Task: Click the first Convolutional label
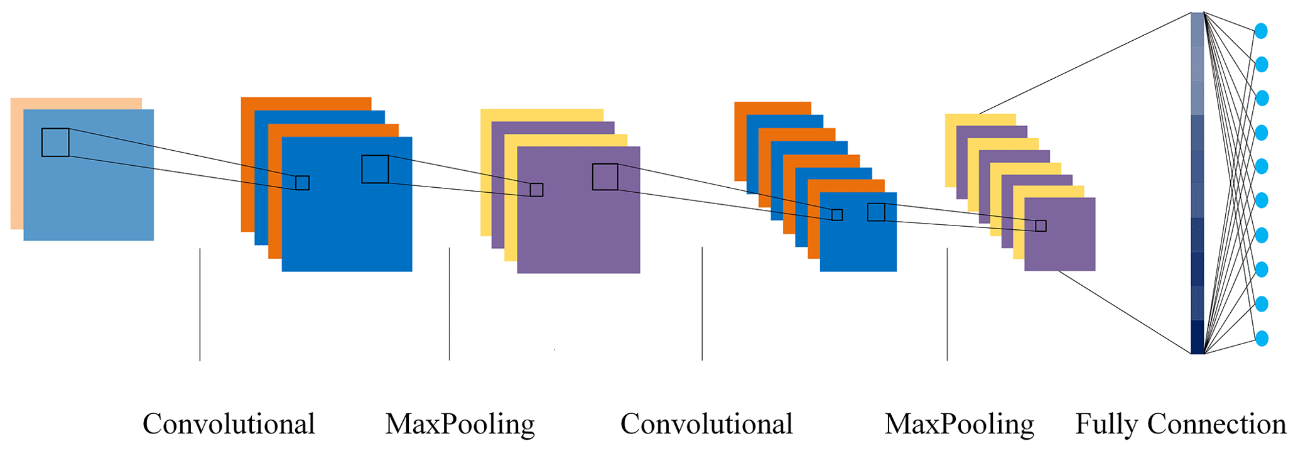[x=229, y=424]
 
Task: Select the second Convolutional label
[x=706, y=424]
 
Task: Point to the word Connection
[x=1216, y=424]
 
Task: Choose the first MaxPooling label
[x=460, y=424]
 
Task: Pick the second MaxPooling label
[x=960, y=424]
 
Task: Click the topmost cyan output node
[x=1260, y=31]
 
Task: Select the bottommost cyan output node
[x=1261, y=339]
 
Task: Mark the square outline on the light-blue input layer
[x=55, y=143]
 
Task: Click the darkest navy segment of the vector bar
[x=1198, y=337]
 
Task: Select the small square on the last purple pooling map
[x=1041, y=226]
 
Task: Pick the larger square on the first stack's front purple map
[x=605, y=177]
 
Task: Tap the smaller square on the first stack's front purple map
[x=536, y=190]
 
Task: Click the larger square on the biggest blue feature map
[x=375, y=169]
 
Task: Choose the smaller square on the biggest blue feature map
[x=303, y=183]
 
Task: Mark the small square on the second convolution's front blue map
[x=837, y=215]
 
